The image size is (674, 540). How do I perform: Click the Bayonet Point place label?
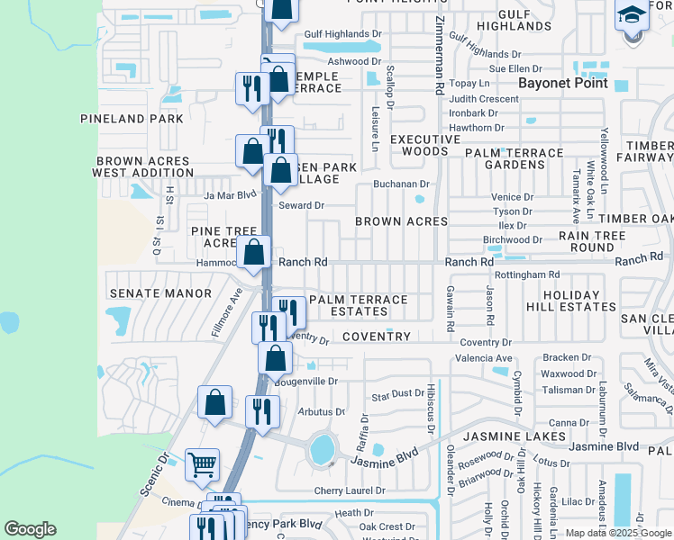(x=563, y=83)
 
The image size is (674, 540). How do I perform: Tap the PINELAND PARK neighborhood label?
(x=132, y=118)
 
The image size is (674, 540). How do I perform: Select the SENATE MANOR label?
(x=147, y=293)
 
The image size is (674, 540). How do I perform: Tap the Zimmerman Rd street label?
(x=439, y=55)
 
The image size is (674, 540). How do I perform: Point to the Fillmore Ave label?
(x=227, y=311)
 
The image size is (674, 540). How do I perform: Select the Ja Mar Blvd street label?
(x=225, y=193)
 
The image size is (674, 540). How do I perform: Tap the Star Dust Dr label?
(x=398, y=394)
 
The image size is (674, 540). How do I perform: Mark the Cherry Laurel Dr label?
(x=350, y=490)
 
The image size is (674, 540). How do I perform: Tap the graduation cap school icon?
(x=633, y=15)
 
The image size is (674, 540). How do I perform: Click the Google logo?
(x=30, y=529)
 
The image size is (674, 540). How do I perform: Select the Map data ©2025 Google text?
(x=617, y=533)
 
